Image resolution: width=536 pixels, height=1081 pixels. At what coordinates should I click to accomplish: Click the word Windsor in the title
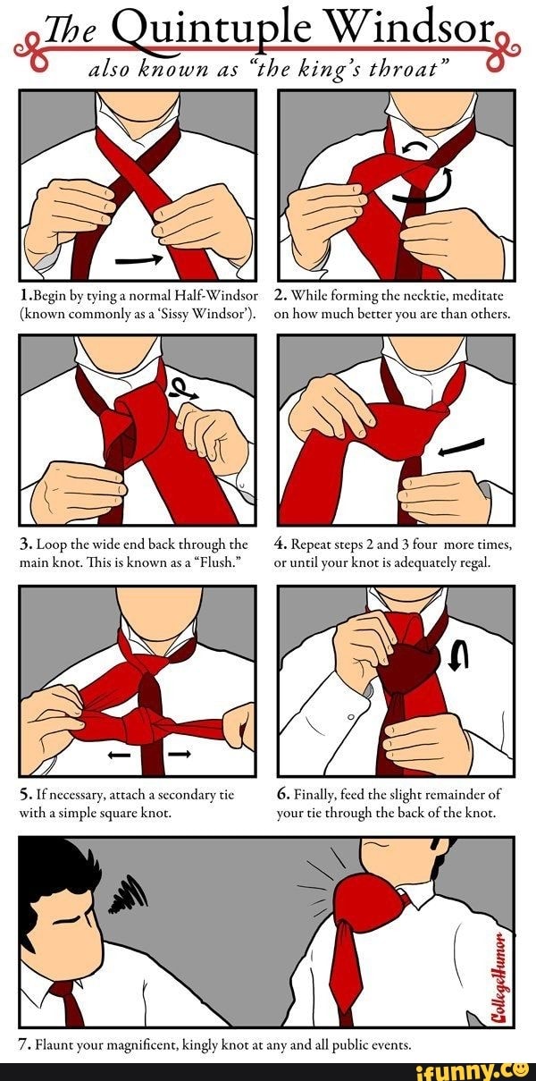point(410,29)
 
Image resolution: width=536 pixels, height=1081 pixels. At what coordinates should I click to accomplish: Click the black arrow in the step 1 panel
point(139,259)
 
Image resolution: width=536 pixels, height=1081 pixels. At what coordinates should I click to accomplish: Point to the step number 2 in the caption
point(281,295)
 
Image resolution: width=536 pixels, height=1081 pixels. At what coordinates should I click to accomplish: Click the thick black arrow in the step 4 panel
point(461,446)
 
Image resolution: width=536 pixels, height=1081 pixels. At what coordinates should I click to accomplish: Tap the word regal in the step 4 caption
point(476,563)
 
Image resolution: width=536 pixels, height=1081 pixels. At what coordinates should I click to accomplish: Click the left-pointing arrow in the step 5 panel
point(119,756)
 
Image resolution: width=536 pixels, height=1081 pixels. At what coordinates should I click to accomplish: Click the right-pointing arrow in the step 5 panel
point(180,754)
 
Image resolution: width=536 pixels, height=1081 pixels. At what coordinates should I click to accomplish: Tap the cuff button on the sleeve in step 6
point(352,717)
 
